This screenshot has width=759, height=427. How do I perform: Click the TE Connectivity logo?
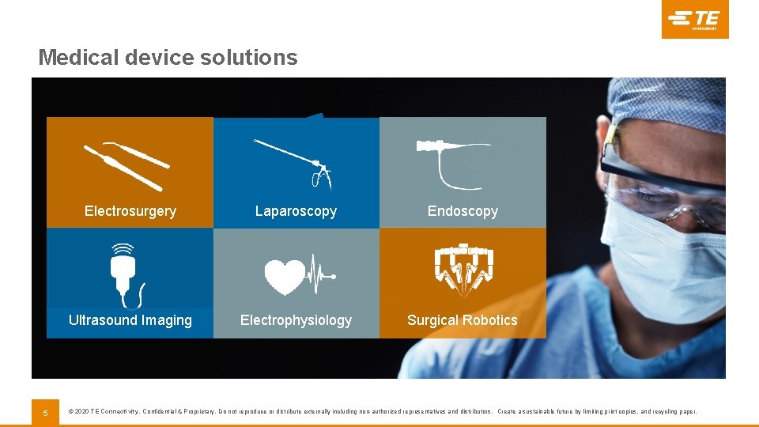(695, 19)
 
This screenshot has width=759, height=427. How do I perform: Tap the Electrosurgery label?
(130, 211)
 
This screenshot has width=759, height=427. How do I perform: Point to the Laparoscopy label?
(296, 211)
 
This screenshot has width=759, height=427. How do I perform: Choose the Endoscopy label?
(463, 211)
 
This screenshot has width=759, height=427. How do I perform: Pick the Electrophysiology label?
(296, 320)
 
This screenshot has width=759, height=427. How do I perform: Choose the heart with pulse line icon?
(299, 274)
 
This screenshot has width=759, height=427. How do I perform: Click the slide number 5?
(45, 412)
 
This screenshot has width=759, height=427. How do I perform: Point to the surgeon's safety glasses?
(664, 186)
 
